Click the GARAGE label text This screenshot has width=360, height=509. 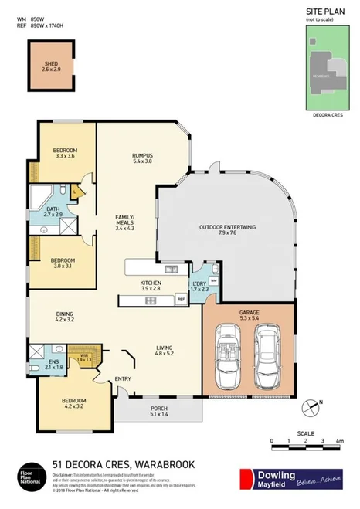pos(248,311)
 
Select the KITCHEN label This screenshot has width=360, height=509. pos(151,284)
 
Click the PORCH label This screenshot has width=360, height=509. pos(158,408)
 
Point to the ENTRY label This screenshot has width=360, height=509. pos(123,378)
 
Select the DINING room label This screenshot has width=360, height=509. pos(65,314)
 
